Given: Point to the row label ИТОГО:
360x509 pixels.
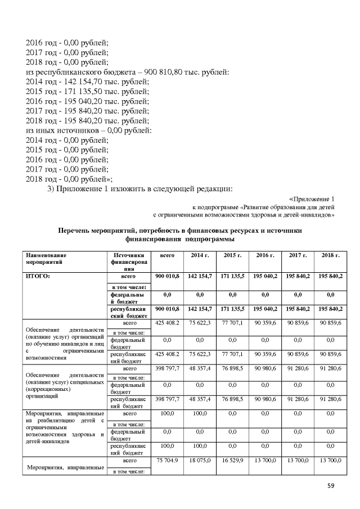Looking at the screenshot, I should [38, 277].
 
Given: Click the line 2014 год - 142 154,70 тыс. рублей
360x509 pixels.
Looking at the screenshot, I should [87, 81].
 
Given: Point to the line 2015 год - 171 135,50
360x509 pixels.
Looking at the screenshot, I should [87, 91].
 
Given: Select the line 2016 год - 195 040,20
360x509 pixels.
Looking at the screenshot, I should [87, 101].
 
